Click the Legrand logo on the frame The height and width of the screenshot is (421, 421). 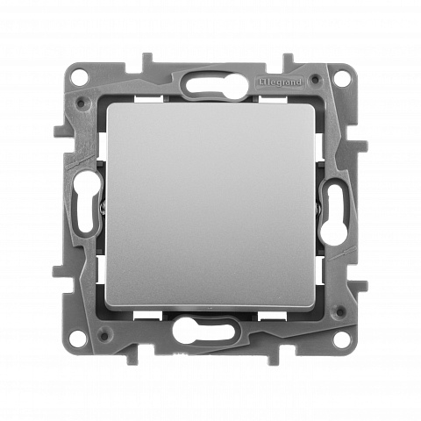coord(280,82)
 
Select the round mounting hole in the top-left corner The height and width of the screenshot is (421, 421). coord(79,77)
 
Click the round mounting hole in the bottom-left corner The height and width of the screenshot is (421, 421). coord(78,339)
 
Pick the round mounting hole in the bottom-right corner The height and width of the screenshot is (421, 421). coord(341,339)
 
